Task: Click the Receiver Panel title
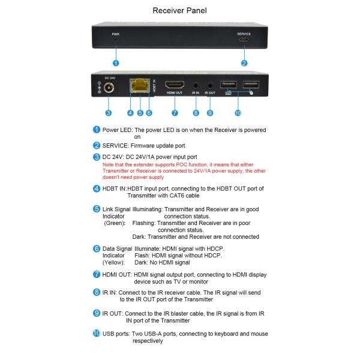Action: [x=179, y=10]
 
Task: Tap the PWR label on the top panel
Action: [x=115, y=34]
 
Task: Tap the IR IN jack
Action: [x=196, y=86]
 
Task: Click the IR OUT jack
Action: [x=210, y=86]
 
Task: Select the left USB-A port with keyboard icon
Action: [x=229, y=85]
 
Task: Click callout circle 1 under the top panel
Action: [x=115, y=62]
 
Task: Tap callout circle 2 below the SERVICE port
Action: [x=244, y=62]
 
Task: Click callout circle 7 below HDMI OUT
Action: [x=175, y=112]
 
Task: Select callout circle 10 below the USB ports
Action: [x=238, y=112]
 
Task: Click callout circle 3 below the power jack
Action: [x=109, y=112]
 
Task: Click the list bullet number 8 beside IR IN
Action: [x=97, y=292]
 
